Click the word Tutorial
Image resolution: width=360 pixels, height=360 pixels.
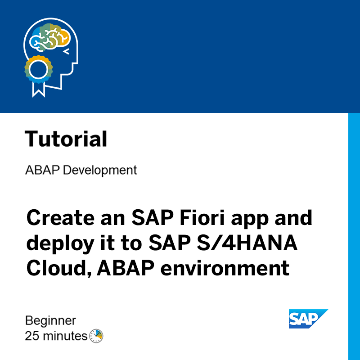[x=66, y=139]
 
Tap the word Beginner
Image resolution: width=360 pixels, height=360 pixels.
[x=50, y=321]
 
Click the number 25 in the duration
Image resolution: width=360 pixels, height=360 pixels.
[x=31, y=336]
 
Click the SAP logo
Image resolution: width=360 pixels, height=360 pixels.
[x=307, y=319]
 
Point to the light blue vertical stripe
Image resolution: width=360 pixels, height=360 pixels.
[x=354, y=234]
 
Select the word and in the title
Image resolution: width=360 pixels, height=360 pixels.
[x=294, y=219]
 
